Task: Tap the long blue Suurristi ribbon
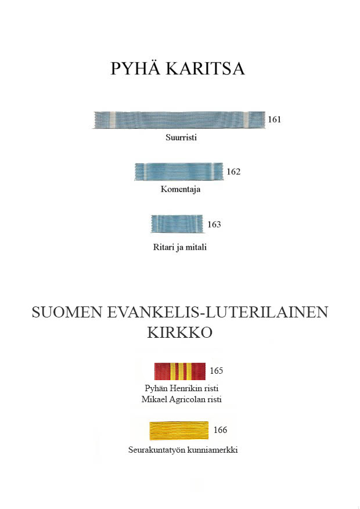178,120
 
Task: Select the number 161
274,120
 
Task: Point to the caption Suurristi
181,138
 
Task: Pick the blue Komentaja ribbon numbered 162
179,172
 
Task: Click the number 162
233,172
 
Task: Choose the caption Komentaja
181,189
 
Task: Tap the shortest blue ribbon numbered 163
177,224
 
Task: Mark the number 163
214,224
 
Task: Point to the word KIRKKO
179,333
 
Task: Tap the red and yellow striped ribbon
180,371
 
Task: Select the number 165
216,371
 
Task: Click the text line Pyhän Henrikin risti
181,388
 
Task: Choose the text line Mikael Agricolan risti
181,399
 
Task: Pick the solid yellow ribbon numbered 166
179,431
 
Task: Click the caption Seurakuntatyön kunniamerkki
182,450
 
